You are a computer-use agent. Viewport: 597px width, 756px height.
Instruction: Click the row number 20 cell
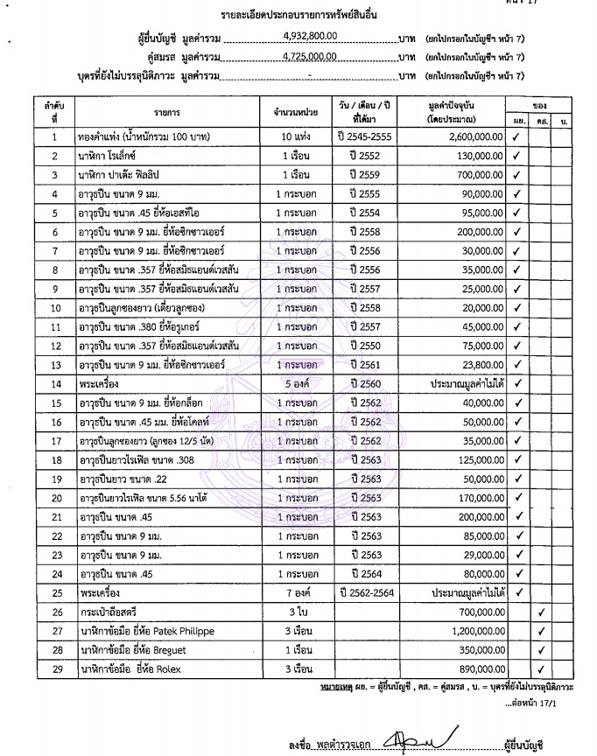[x=54, y=498]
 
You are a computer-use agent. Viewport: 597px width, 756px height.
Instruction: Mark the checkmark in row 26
[x=542, y=612]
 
